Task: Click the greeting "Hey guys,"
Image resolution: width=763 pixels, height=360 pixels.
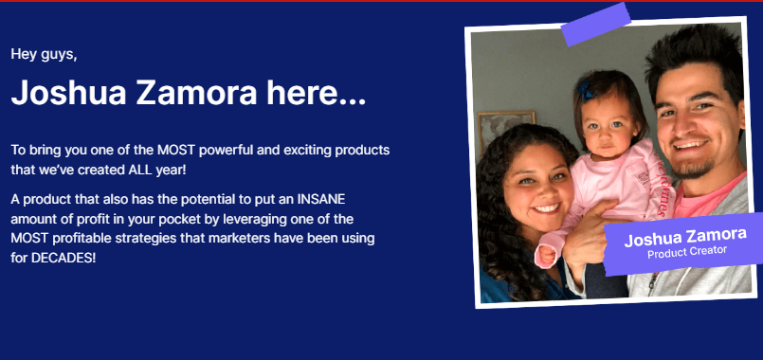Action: [x=44, y=55]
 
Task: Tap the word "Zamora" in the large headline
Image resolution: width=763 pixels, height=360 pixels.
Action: [x=196, y=92]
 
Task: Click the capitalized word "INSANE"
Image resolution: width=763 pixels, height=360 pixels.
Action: [x=321, y=200]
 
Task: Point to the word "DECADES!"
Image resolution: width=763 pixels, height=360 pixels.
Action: [x=64, y=258]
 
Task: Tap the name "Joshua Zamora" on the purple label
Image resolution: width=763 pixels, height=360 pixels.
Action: [x=685, y=237]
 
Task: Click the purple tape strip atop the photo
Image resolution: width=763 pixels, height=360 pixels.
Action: [x=595, y=25]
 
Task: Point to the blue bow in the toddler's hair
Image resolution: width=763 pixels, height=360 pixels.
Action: [x=586, y=91]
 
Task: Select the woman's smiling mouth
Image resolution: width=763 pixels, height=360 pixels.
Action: [x=547, y=208]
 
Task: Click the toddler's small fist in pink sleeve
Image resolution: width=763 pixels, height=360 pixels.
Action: [x=546, y=256]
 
